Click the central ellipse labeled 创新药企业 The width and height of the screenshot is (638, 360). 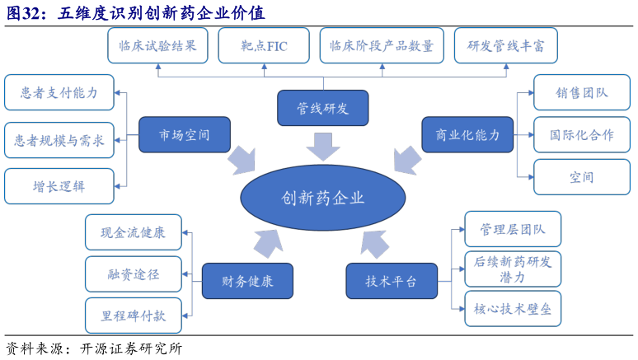322,198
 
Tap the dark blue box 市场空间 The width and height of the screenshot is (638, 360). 184,134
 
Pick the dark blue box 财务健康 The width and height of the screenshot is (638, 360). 247,281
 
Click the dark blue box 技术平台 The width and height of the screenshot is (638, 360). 392,281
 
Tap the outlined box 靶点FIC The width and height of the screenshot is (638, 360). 264,46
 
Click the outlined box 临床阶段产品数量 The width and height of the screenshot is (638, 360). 381,46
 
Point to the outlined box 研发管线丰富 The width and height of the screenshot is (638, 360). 505,46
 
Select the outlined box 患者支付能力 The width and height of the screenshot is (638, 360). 59,92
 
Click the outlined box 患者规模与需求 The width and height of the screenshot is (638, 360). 59,140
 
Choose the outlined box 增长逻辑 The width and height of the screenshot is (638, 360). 59,186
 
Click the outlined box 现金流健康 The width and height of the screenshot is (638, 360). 133,232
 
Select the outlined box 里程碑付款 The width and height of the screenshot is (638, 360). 133,316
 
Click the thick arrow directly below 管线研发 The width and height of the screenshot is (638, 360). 322,147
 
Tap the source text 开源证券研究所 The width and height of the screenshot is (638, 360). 131,348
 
